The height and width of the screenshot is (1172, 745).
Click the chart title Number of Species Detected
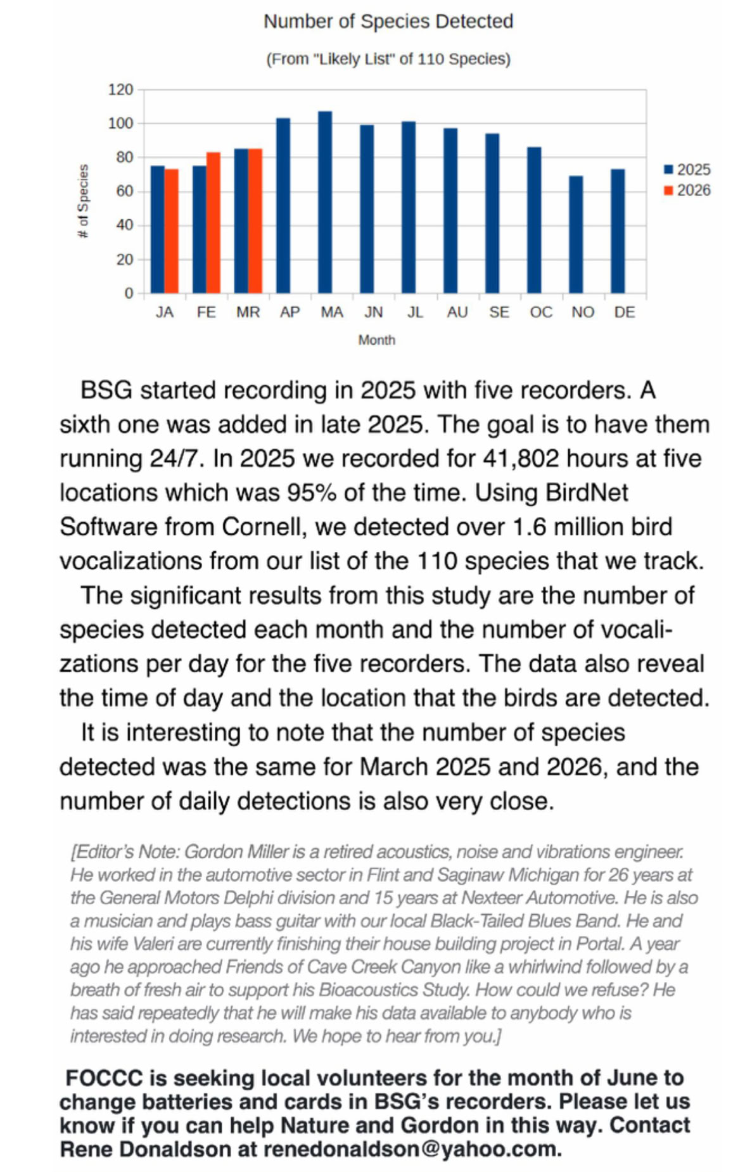click(x=388, y=22)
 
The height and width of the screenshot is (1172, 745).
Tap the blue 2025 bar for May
click(x=325, y=203)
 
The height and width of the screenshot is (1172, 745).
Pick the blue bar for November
click(x=576, y=235)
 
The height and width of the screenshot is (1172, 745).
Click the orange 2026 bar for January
click(x=172, y=231)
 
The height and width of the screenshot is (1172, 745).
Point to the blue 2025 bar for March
click(x=241, y=221)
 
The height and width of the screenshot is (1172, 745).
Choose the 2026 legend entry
click(x=687, y=191)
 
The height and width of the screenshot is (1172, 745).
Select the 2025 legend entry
click(x=687, y=170)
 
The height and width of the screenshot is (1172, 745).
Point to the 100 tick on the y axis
click(x=120, y=124)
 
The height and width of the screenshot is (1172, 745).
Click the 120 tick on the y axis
click(x=120, y=90)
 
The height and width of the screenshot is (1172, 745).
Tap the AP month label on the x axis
click(x=290, y=312)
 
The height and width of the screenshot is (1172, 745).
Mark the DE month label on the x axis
click(x=625, y=312)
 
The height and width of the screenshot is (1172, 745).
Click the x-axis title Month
click(x=376, y=340)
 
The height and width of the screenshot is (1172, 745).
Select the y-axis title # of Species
click(x=83, y=201)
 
